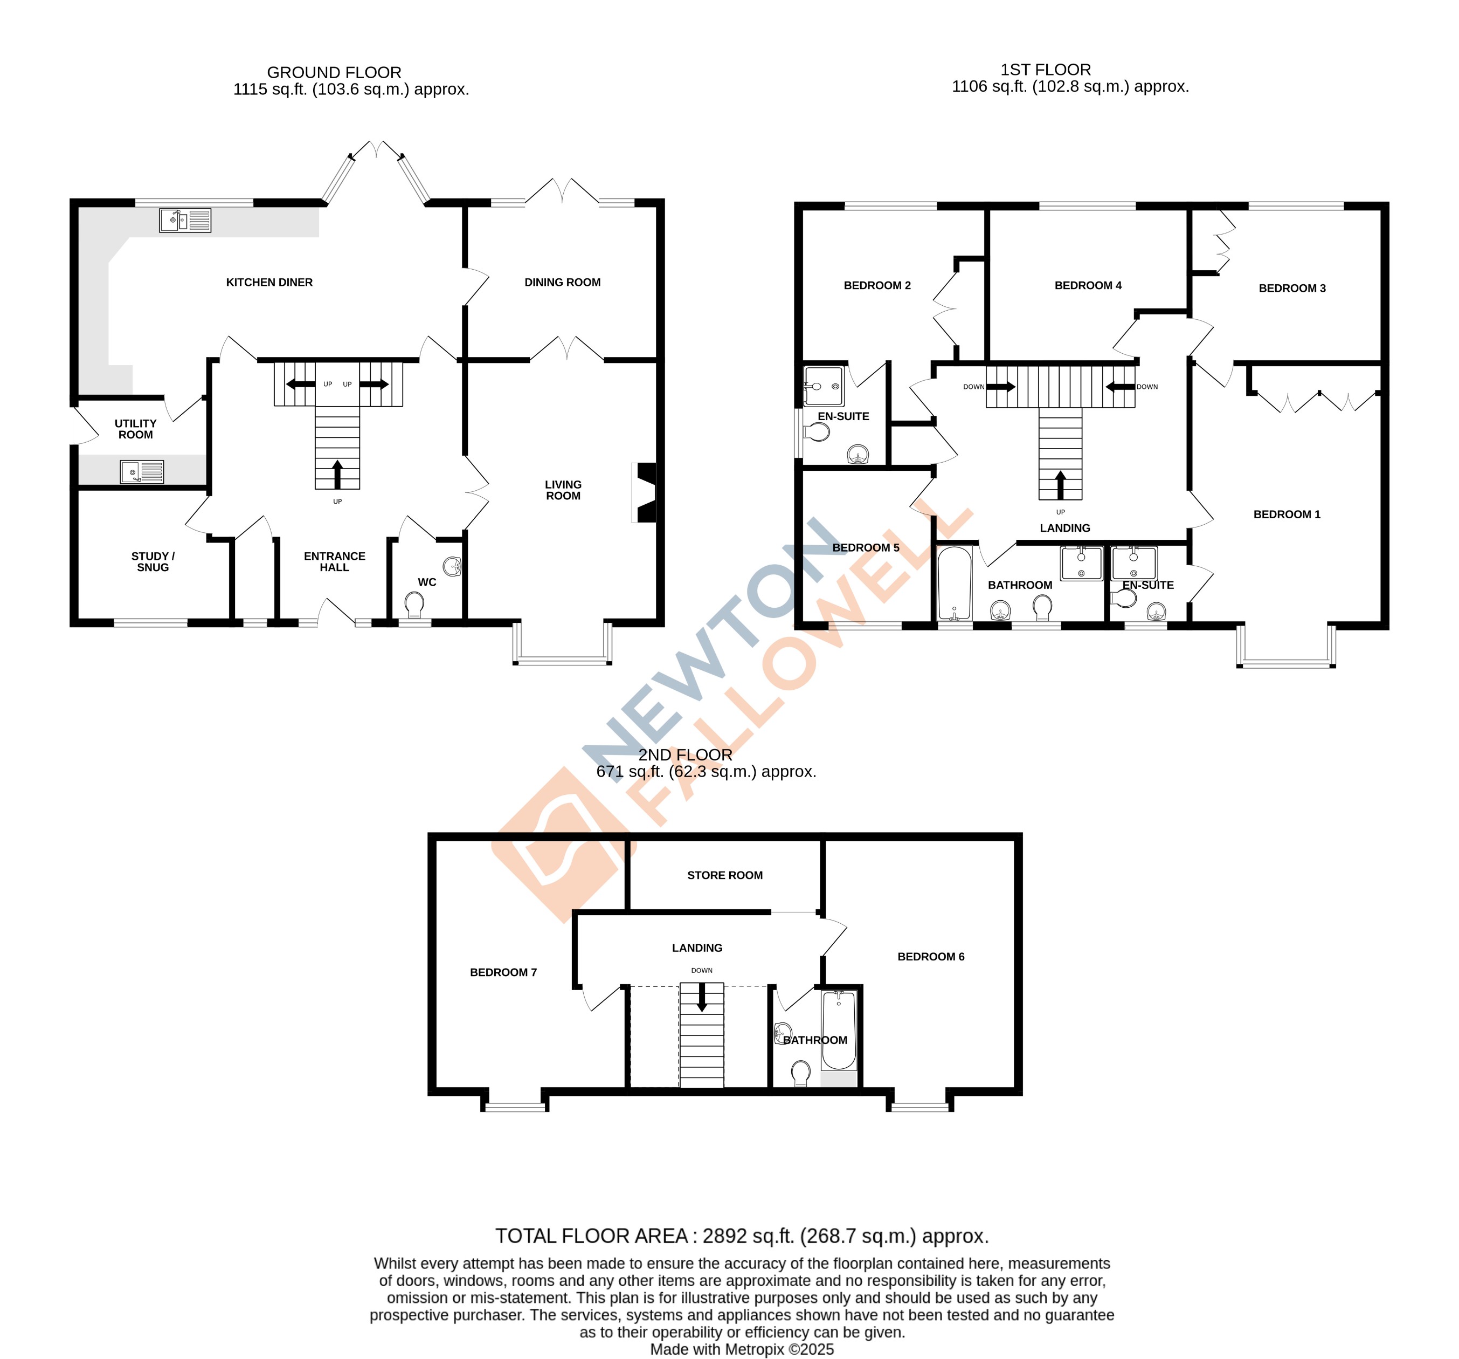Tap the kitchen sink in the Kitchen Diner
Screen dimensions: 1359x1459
coord(185,220)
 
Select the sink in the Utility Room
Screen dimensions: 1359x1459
coord(142,471)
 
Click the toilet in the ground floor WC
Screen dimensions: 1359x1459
coord(414,604)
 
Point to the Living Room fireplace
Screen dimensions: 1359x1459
coord(645,492)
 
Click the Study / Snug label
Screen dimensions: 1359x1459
coord(153,561)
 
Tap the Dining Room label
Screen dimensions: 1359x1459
coord(562,282)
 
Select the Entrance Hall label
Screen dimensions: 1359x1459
coord(334,561)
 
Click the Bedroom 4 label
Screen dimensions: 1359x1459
coord(1088,285)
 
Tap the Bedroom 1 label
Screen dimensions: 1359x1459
coord(1287,514)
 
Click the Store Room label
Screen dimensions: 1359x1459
coord(724,875)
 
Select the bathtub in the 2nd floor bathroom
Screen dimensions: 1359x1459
coord(838,1030)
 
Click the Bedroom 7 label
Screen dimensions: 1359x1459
coord(503,972)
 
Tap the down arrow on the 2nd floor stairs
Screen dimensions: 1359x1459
coord(702,997)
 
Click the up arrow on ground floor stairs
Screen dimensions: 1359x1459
coord(337,474)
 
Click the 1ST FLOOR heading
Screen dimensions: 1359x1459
coord(1045,70)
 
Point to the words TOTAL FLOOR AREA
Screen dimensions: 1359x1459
coord(592,1236)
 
